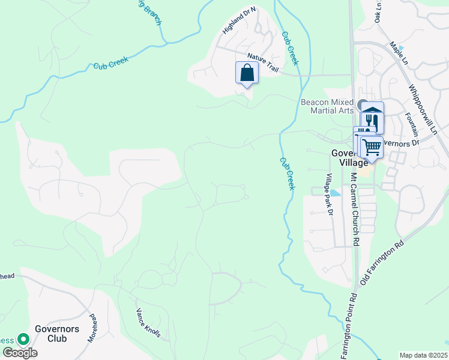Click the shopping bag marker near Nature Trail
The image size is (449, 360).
pyautogui.click(x=247, y=74)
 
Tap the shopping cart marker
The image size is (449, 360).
pyautogui.click(x=372, y=146)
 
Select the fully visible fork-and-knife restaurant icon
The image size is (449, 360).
pyautogui.click(x=373, y=121)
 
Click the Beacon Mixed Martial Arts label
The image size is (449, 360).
pyautogui.click(x=327, y=106)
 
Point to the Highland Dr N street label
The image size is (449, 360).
pyautogui.click(x=239, y=20)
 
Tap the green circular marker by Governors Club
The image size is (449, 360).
pyautogui.click(x=23, y=340)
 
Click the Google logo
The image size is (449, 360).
pyautogui.click(x=20, y=353)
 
